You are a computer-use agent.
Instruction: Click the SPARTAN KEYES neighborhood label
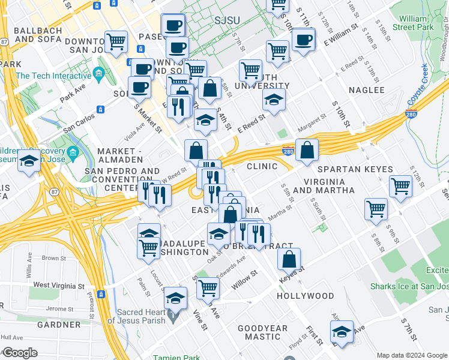pos(355,170)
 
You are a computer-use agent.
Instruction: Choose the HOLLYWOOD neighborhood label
pos(305,296)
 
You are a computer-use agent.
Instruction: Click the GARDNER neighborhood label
pos(58,325)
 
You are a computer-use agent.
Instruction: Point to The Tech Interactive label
pos(52,76)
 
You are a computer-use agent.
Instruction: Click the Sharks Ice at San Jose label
pos(409,286)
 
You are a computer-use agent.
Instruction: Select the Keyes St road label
pos(292,274)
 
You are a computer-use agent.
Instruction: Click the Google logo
pos(20,353)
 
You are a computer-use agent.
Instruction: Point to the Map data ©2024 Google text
pos(411,355)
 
